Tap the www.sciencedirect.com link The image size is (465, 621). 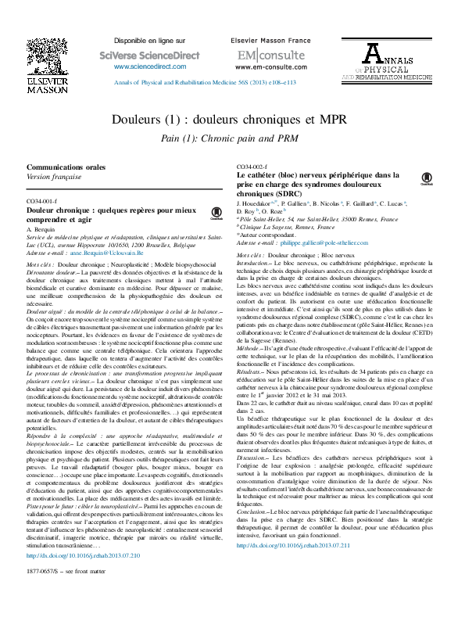[x=142, y=67]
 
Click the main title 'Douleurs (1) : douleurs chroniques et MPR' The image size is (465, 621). [x=232, y=120]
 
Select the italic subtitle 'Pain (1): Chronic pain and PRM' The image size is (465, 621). [x=232, y=137]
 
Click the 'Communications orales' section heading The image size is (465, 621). [x=66, y=167]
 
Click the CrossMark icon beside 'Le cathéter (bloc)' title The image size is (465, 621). [x=427, y=178]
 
